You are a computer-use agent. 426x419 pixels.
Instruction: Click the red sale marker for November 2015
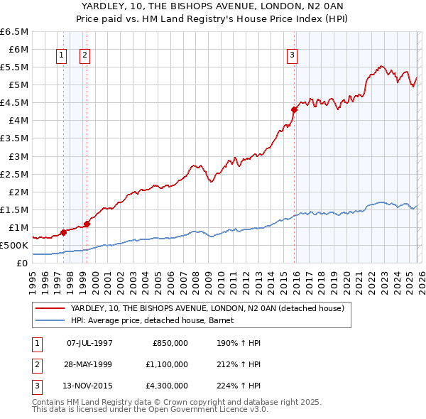294,109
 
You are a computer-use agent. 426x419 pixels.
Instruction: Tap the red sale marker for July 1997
63,232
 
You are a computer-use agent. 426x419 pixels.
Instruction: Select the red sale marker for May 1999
87,224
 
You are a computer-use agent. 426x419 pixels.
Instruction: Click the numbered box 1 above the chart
61,55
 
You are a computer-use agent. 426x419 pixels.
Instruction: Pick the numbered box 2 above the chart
84,55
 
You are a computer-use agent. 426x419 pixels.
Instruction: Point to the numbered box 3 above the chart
292,55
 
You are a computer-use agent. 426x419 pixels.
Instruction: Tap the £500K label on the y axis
14,246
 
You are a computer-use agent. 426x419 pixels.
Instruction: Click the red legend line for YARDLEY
50,308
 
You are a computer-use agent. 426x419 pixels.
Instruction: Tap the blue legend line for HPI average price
50,320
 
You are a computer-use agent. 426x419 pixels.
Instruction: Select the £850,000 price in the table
170,343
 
